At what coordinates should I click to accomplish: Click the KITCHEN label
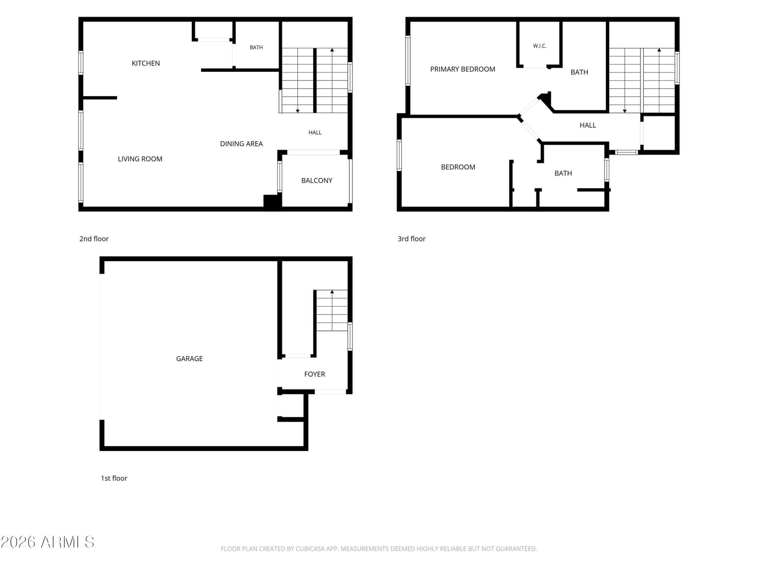point(145,63)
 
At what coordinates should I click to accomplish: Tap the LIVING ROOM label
point(140,159)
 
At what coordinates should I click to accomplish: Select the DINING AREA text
point(241,143)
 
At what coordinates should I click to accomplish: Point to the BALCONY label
point(316,180)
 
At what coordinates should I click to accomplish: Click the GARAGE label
point(189,358)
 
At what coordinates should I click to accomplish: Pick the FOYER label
point(314,374)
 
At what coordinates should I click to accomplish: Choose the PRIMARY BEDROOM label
point(462,69)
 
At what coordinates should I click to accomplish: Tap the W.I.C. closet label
point(539,46)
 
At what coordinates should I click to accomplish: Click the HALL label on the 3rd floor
point(587,125)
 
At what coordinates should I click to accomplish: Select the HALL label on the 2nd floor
point(315,133)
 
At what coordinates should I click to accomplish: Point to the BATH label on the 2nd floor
point(256,47)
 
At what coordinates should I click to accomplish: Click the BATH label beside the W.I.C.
point(579,72)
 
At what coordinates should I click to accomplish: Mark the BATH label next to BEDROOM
point(562,173)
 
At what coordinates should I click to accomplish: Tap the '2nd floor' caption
point(94,239)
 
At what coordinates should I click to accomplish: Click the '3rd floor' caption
point(411,239)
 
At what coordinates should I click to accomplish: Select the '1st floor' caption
point(114,478)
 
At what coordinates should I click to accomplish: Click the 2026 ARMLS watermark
point(47,542)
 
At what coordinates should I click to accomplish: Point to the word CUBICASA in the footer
point(310,549)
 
